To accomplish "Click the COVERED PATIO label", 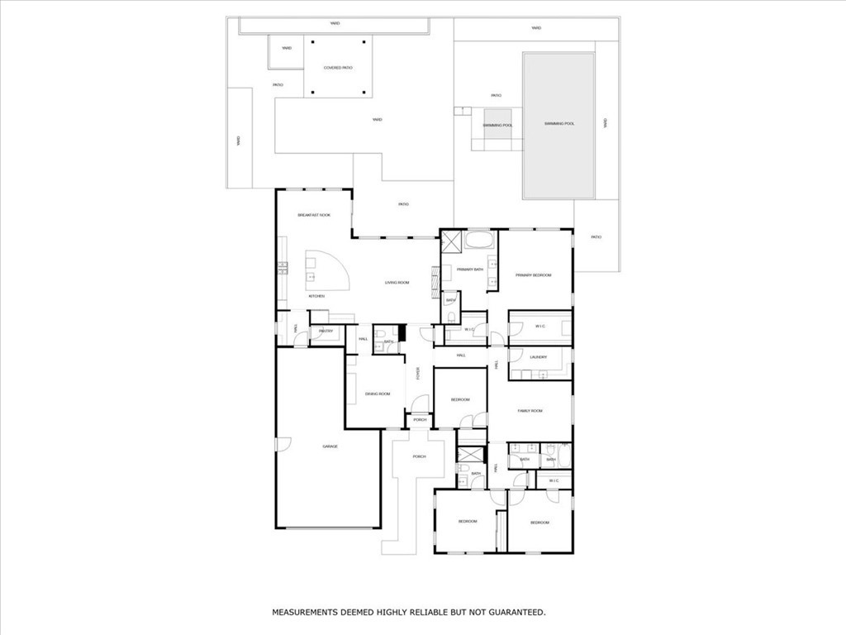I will pos(338,68).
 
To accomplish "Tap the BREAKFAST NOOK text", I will pos(314,215).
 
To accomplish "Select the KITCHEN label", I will pos(316,296).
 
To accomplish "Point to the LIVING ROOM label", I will pos(397,283).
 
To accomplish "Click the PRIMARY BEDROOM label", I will pos(533,275).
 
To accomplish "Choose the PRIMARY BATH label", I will pos(469,270).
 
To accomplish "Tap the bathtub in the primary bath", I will pos(478,241).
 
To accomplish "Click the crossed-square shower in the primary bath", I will pos(452,241).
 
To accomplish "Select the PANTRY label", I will pos(326,332).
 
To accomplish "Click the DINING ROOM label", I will pos(378,394).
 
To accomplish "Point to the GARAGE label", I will pos(330,446).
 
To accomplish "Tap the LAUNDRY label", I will pos(539,357).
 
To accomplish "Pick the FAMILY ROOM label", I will pos(530,410).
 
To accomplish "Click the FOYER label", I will pos(418,374).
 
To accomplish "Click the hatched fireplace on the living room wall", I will pos(435,282).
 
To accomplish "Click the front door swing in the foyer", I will pos(420,405).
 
